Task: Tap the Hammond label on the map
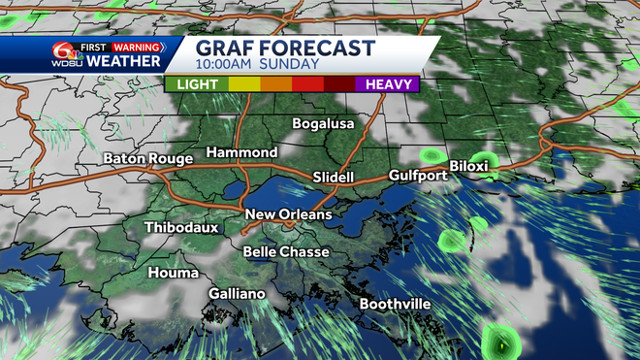tap(241, 153)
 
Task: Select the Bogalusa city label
tap(324, 124)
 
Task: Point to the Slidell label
tap(336, 178)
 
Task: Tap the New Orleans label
tap(288, 214)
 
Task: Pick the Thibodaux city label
tap(181, 228)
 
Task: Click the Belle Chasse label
tap(286, 252)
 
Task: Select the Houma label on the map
tap(172, 274)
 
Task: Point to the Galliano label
tap(237, 294)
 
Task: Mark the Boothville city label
tap(395, 305)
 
